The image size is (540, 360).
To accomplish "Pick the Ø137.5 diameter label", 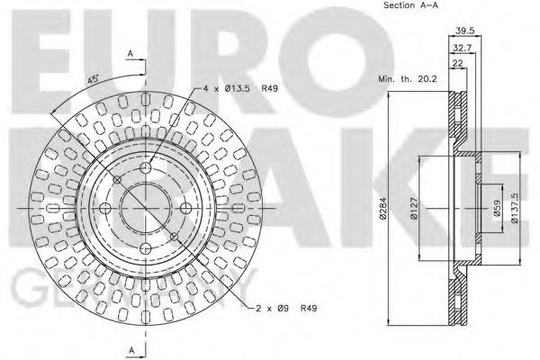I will click(x=514, y=209).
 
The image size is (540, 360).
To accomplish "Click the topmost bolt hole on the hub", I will click(x=146, y=169).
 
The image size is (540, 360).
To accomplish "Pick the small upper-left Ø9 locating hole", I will click(x=119, y=180).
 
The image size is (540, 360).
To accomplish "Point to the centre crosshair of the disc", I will click(x=146, y=207).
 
